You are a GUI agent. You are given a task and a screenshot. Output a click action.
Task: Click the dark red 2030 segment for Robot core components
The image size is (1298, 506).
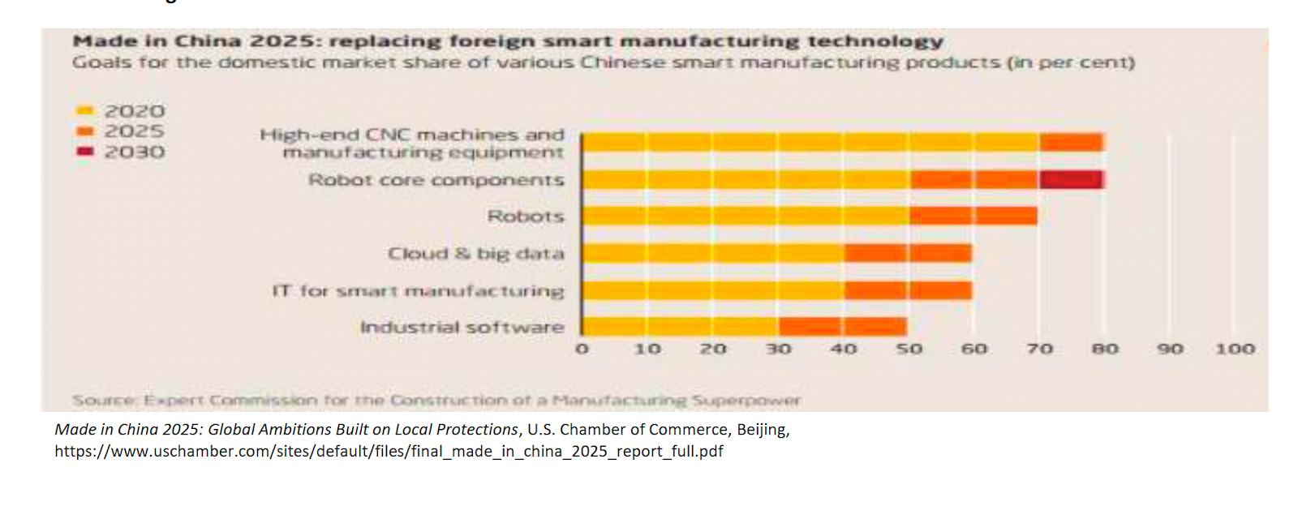[1071, 179]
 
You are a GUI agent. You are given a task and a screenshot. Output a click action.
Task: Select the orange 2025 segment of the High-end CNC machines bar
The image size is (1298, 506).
[1071, 143]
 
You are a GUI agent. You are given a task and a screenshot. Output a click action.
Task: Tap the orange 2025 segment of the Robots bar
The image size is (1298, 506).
[973, 216]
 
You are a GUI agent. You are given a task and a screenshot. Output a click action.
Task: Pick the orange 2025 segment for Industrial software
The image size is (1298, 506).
[842, 326]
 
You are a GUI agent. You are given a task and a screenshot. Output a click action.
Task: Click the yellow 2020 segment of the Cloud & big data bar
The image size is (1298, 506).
[712, 253]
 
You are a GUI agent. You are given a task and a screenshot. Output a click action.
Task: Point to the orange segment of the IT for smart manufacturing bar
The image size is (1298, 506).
[907, 289]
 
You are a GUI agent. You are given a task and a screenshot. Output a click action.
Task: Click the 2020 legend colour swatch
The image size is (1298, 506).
[85, 110]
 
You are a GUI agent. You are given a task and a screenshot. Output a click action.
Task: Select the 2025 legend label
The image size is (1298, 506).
[135, 131]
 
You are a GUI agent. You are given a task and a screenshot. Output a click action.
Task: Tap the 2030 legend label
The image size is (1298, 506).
[135, 152]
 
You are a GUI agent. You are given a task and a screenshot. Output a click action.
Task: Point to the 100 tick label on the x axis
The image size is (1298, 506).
[1235, 349]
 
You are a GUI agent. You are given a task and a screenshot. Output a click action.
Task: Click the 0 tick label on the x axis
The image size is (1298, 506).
[582, 349]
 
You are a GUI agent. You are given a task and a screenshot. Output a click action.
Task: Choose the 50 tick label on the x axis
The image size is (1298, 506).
[909, 349]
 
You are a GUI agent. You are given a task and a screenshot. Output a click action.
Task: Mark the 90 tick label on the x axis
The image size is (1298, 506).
[1170, 349]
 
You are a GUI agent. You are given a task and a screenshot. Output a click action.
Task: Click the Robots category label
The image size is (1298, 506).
[526, 217]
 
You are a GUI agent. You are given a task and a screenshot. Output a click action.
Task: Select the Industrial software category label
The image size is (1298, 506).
[462, 327]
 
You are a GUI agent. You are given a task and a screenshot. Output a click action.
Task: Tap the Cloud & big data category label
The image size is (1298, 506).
[475, 254]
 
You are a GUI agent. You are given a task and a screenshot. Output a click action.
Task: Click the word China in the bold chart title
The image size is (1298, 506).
[208, 41]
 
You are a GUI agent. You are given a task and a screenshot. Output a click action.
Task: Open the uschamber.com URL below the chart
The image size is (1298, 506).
[389, 451]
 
